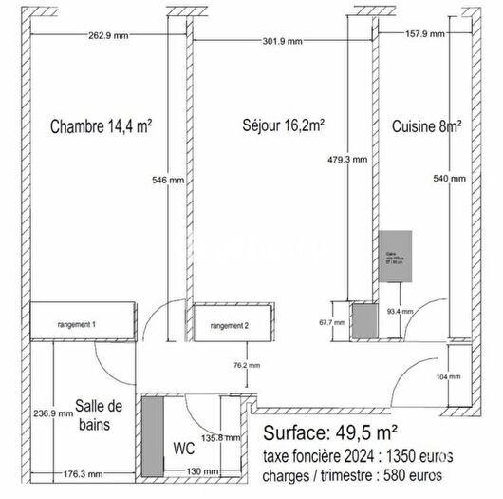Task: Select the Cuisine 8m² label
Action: coord(427,125)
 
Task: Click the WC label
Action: coord(185,447)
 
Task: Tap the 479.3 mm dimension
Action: coord(345,160)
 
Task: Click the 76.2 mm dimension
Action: coord(247,365)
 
